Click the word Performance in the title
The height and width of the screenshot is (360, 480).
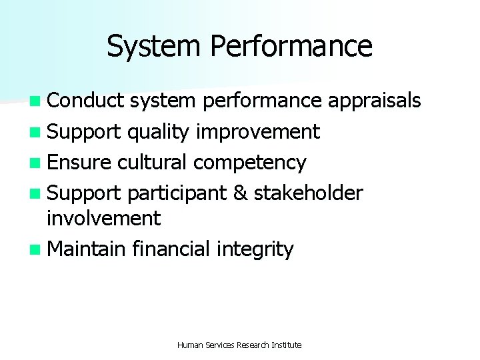tap(291, 47)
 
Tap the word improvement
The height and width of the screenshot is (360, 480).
tap(257, 132)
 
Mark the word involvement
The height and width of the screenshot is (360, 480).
tap(104, 218)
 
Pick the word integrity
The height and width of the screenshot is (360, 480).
tap(255, 250)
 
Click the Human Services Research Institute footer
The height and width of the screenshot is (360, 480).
tap(239, 345)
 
